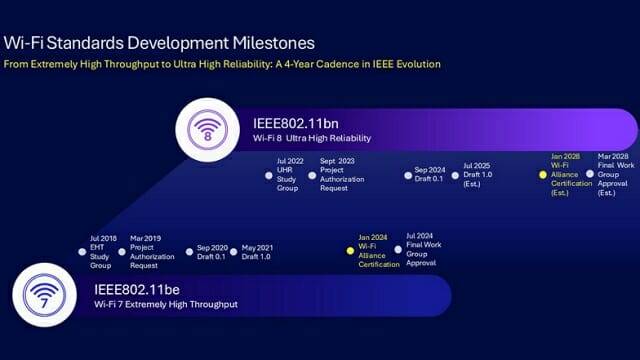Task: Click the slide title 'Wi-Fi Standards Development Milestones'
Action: coord(160,43)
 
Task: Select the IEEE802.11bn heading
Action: coord(297,123)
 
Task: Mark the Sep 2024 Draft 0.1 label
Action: coord(431,174)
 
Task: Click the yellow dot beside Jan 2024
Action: coord(350,250)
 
